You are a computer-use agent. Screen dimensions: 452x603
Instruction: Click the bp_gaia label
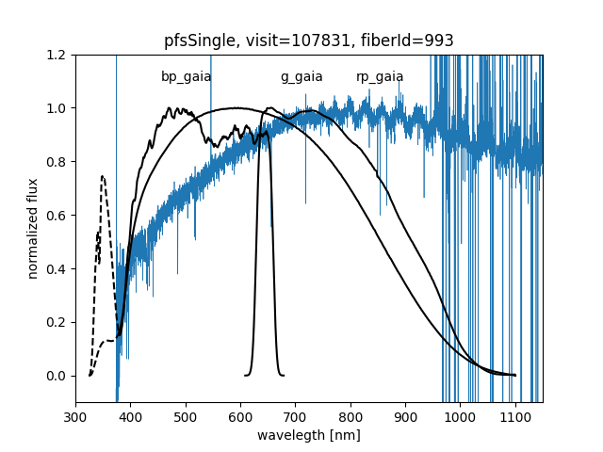[186, 77]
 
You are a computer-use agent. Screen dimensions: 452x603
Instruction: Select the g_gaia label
[301, 77]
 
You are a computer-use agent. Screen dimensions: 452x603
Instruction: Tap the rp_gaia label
[380, 77]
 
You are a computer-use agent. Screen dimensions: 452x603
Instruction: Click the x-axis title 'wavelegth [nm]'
[309, 436]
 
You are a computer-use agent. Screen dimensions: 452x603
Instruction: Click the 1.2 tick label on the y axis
[58, 55]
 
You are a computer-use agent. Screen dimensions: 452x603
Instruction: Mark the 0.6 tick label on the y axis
[58, 215]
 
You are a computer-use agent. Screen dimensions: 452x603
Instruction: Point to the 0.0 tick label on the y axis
[58, 376]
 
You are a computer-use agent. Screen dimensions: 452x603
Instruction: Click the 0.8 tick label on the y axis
[58, 162]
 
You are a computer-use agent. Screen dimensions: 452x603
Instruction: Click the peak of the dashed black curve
[102, 176]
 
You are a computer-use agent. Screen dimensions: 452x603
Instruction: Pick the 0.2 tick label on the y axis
[58, 322]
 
